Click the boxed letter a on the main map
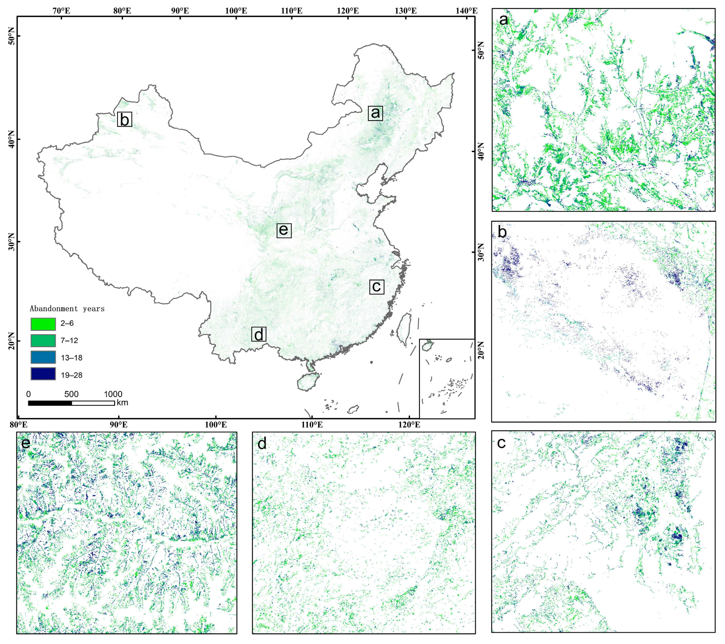tap(375, 113)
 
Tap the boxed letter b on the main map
tap(125, 120)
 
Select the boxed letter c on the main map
tap(376, 286)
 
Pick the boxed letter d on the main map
tap(259, 334)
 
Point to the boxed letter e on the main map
tap(284, 230)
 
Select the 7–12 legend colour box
tap(43, 341)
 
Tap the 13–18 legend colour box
tap(43, 357)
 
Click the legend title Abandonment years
tap(67, 309)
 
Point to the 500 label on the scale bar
tap(71, 394)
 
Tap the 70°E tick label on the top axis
tap(61, 11)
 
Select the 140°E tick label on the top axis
tap(466, 11)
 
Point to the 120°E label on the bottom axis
tap(409, 425)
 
